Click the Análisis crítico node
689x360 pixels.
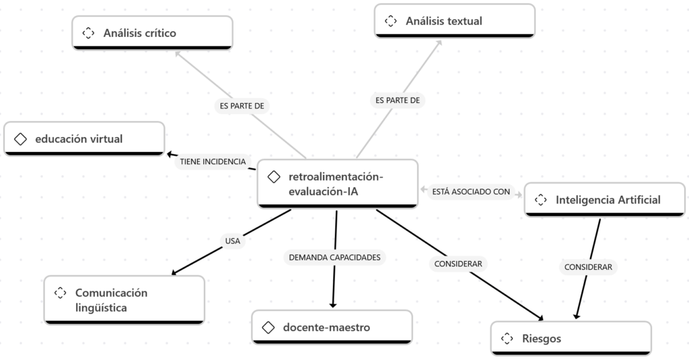(152, 32)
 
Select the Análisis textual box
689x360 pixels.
(455, 21)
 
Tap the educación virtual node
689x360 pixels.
(84, 139)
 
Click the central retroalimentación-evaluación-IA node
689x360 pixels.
(338, 184)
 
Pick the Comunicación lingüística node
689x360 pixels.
(124, 300)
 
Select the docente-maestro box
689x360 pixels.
(332, 327)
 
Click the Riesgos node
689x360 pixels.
(571, 338)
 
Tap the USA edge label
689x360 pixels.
(232, 240)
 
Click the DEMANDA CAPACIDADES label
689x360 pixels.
(334, 257)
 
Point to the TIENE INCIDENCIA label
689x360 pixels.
(213, 161)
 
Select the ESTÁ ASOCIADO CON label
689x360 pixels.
(471, 192)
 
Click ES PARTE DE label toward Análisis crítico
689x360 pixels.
(242, 106)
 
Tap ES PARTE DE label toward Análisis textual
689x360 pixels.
(397, 100)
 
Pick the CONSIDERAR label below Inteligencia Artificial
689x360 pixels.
(588, 267)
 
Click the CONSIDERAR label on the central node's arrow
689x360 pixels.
(458, 264)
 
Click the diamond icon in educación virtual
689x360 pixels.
(20, 139)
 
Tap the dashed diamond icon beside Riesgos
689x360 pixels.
(507, 338)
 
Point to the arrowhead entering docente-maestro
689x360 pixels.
(333, 305)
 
